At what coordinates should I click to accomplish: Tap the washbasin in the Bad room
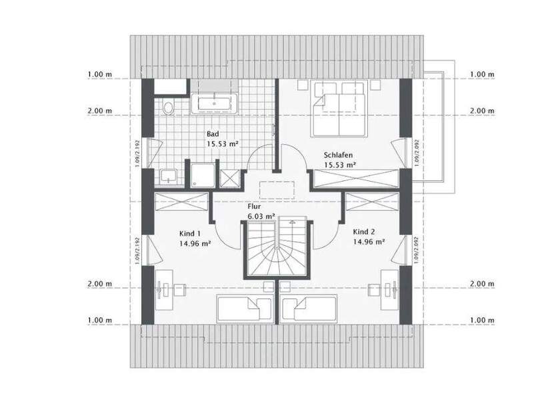[169, 176]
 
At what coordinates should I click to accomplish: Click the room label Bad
[213, 134]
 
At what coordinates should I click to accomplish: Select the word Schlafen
[339, 153]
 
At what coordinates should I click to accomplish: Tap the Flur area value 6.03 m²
[261, 216]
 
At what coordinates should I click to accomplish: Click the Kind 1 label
[189, 234]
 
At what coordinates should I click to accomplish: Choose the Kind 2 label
[364, 232]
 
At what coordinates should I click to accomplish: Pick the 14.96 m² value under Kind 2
[368, 242]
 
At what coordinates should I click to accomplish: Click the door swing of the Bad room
[261, 158]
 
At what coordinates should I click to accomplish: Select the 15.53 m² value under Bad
[223, 144]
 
